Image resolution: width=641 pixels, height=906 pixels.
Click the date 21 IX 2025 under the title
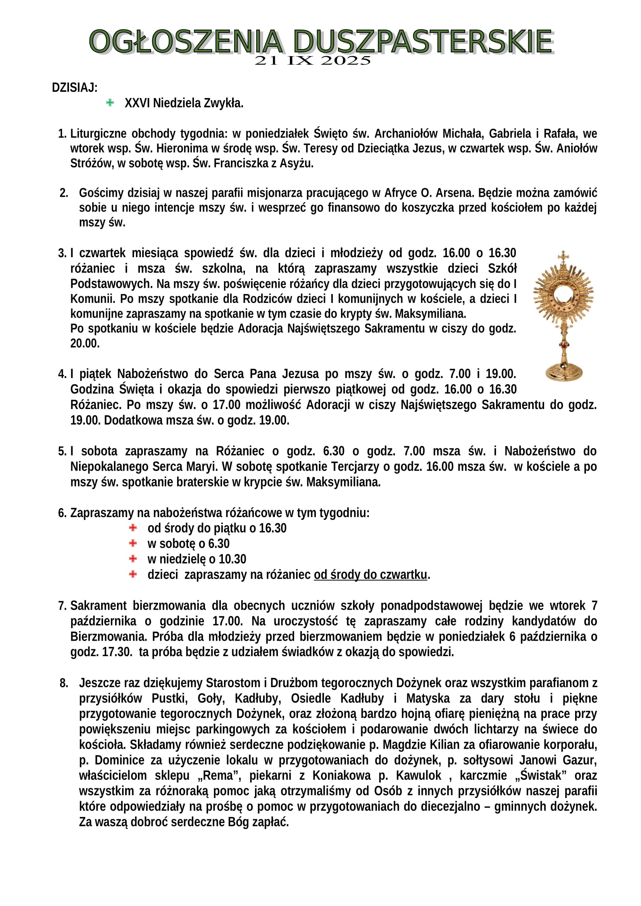pos(313,61)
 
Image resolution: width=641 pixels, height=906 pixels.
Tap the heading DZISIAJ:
pos(74,88)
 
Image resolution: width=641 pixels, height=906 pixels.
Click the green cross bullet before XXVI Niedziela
pos(110,103)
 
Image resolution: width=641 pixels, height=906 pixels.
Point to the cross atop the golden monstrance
pos(563,256)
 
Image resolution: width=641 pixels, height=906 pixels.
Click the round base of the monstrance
pos(563,372)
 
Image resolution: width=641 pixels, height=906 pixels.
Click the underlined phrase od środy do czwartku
pos(370,574)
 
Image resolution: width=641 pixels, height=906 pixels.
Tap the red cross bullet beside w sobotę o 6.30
pos(133,543)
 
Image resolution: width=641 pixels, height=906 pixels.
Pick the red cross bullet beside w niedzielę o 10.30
pos(133,559)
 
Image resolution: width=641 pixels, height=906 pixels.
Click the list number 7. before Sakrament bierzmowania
pos(62,606)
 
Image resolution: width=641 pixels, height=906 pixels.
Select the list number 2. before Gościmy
pos(64,193)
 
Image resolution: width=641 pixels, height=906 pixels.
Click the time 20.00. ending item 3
pos(85,343)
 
